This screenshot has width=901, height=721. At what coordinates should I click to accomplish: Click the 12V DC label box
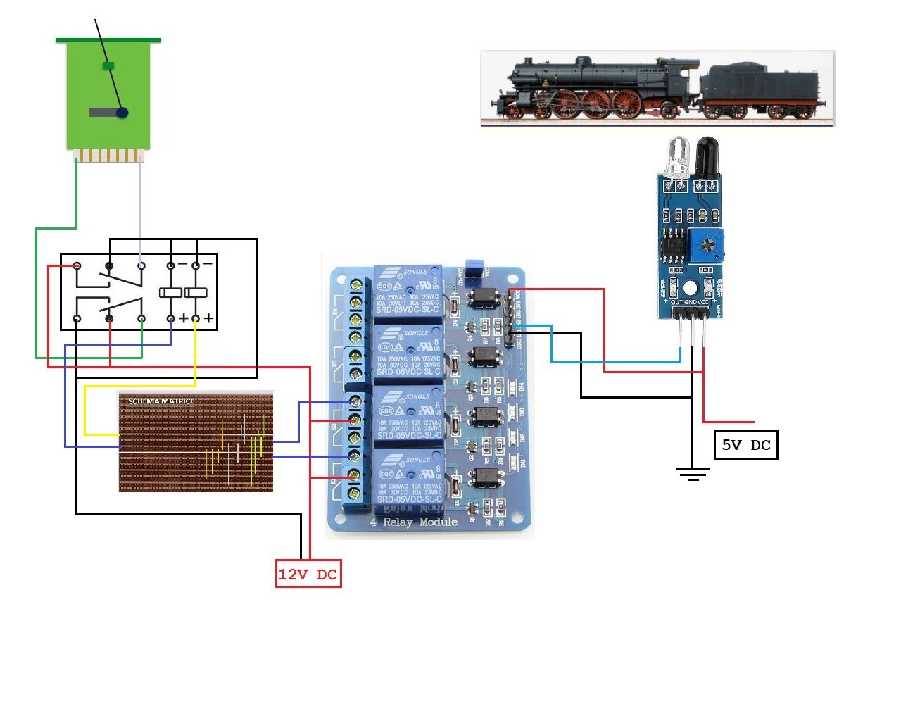tap(308, 574)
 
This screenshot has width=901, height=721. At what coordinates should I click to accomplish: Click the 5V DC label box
tap(746, 445)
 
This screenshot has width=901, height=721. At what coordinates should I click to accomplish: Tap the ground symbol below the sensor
tap(693, 473)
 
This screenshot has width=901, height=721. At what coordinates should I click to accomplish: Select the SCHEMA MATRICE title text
tap(161, 401)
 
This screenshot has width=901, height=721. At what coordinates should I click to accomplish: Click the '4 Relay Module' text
tap(414, 522)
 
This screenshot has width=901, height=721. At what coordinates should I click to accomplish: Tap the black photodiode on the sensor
tap(706, 156)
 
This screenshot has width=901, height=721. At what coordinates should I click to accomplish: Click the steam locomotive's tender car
tap(762, 90)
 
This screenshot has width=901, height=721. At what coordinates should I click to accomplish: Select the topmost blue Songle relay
tap(408, 291)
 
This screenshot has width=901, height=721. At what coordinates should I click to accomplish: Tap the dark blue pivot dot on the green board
tap(122, 112)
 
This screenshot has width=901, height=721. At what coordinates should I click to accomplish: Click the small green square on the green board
tap(108, 65)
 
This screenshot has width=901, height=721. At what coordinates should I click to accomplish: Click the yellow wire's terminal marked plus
tap(196, 319)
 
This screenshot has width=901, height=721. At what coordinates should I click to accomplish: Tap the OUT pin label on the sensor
tap(676, 302)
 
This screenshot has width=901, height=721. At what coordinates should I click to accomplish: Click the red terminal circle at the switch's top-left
tap(77, 265)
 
